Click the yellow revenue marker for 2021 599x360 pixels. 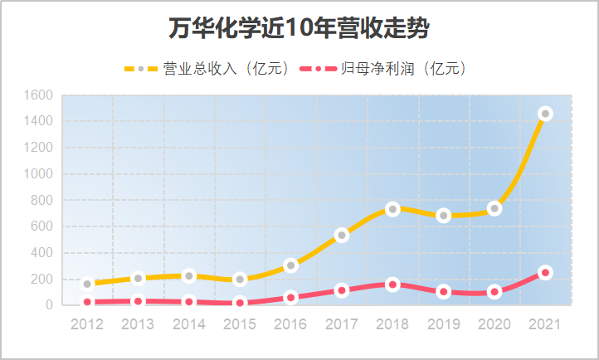coord(545,114)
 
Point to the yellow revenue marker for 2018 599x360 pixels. coord(392,209)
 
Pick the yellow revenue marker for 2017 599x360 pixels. coord(342,235)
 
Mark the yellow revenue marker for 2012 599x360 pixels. coord(87,284)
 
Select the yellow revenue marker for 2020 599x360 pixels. coord(494,208)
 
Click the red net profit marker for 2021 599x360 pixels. coord(545,272)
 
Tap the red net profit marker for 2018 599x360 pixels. coord(392,285)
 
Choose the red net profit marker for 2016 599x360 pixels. coord(290,297)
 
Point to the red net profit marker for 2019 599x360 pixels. coord(444,291)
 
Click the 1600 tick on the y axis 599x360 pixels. coord(39,95)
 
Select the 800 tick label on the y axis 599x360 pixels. coord(42,200)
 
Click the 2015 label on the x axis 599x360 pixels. coord(240,324)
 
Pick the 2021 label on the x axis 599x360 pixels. coord(545,324)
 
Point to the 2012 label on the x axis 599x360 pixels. coord(87,324)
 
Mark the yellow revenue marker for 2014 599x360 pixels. coord(189,275)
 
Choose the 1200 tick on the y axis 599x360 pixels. coord(39,148)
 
